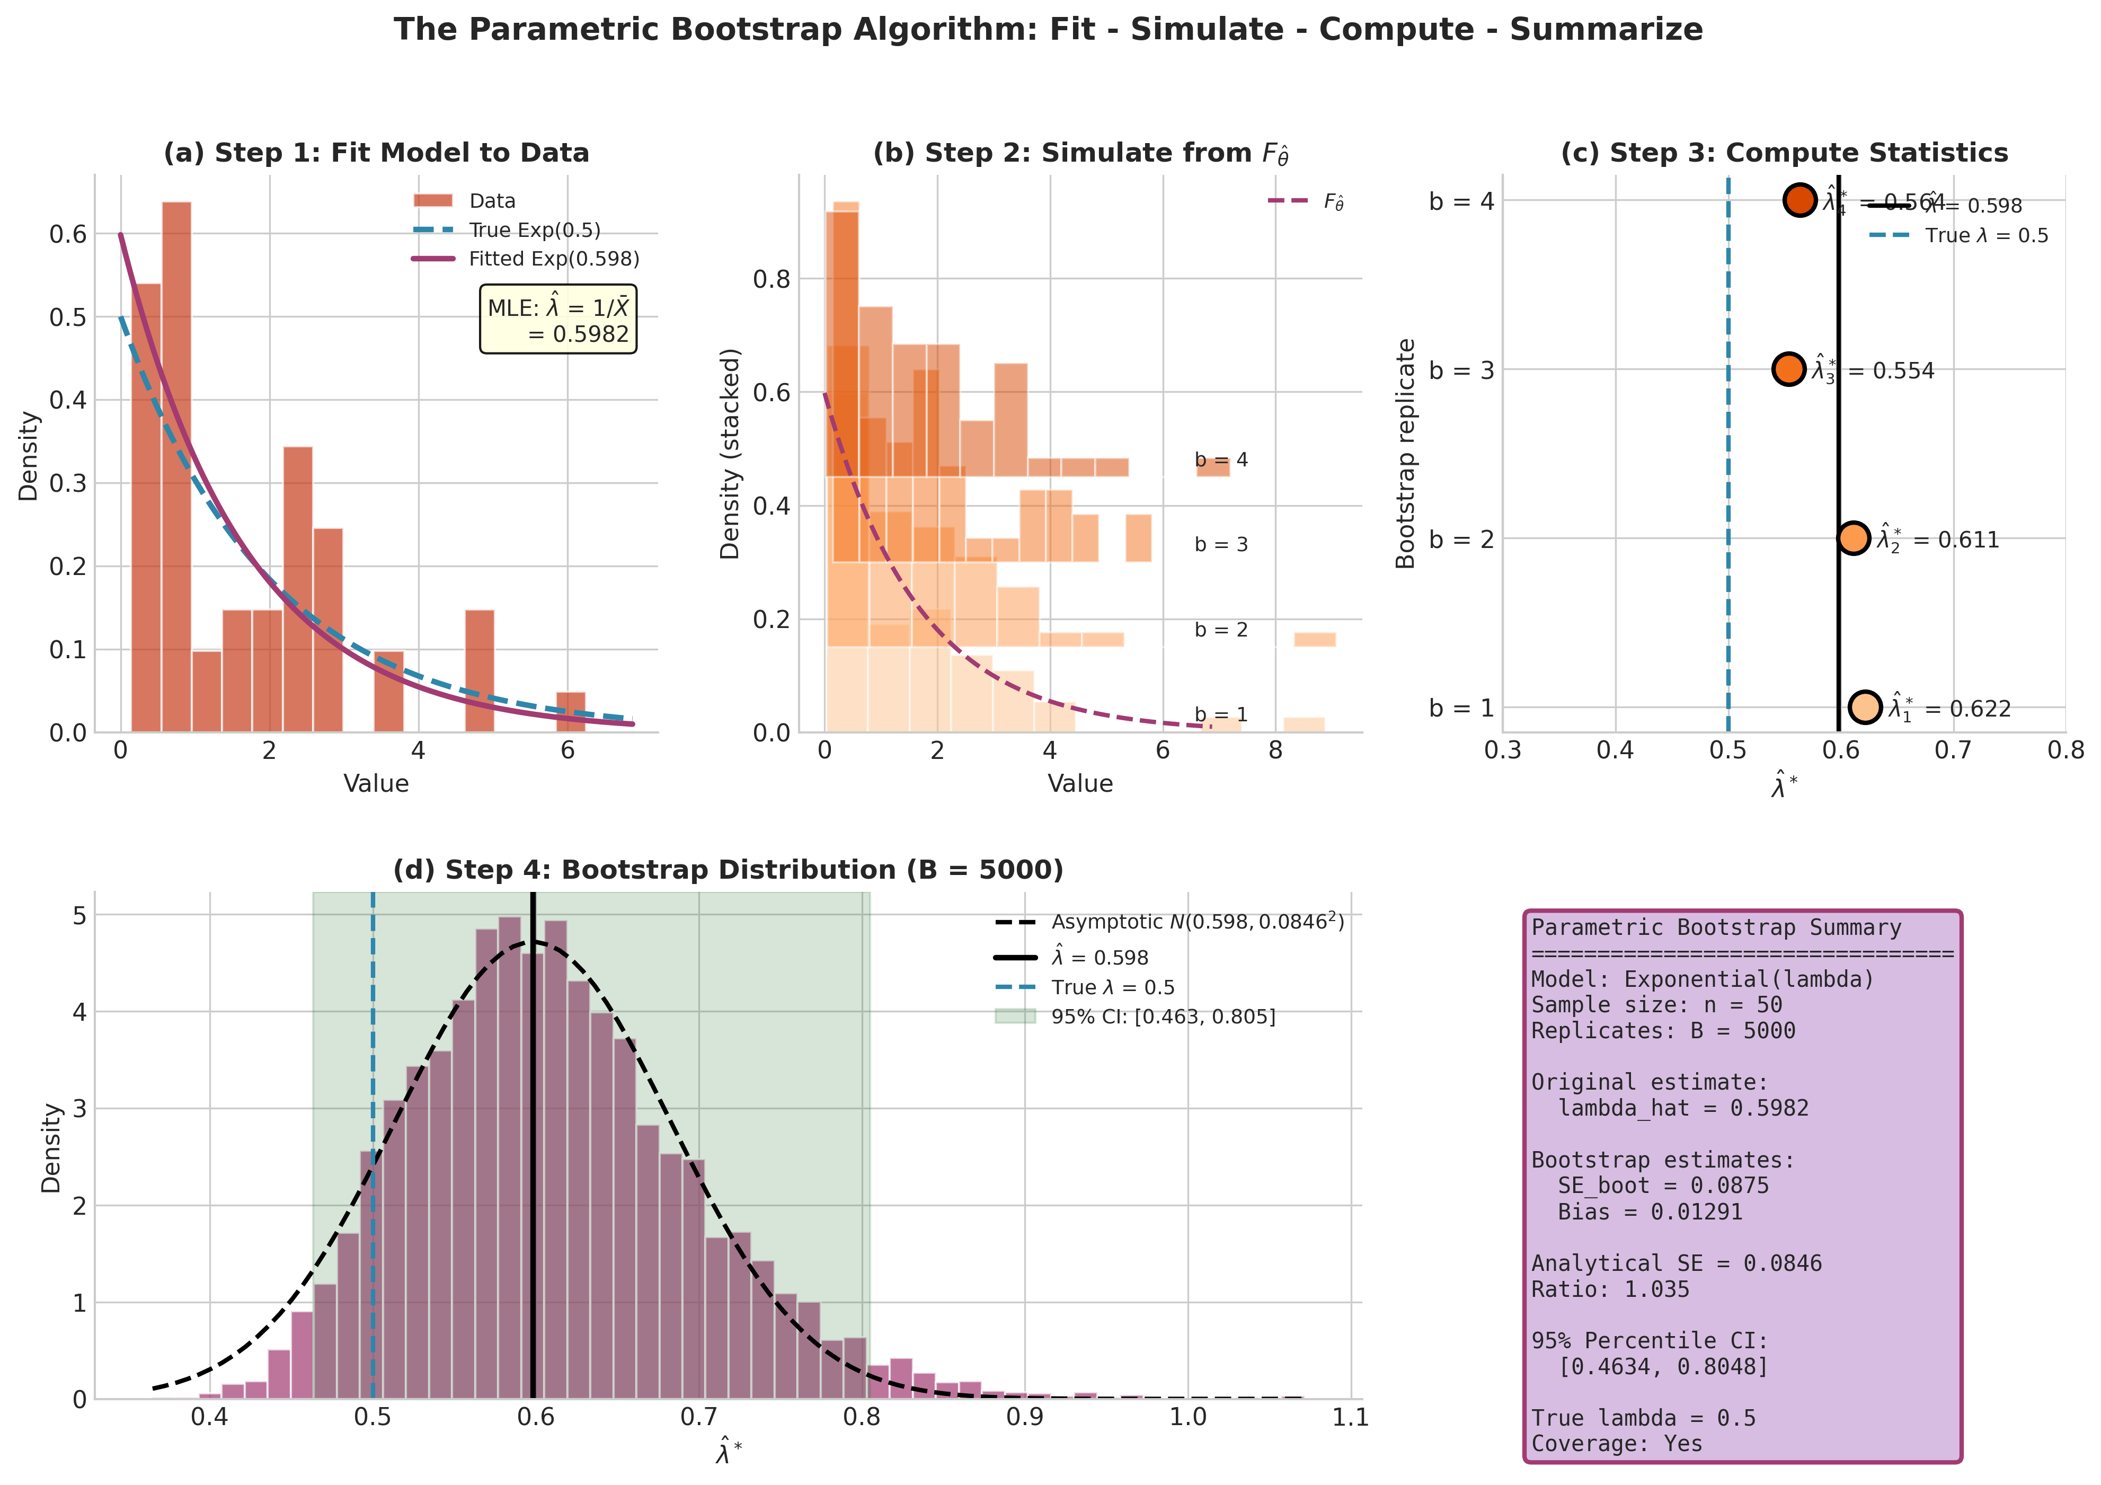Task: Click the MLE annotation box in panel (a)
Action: pyautogui.click(x=557, y=320)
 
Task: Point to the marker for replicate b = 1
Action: pyautogui.click(x=1865, y=708)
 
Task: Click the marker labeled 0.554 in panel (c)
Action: pyautogui.click(x=1789, y=369)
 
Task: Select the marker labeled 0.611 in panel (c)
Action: pyautogui.click(x=1853, y=538)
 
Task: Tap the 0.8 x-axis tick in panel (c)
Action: pyautogui.click(x=2065, y=751)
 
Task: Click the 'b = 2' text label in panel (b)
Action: pyautogui.click(x=1221, y=630)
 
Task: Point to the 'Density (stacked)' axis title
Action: pyautogui.click(x=729, y=454)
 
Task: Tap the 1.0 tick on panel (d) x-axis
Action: pyautogui.click(x=1188, y=1417)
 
